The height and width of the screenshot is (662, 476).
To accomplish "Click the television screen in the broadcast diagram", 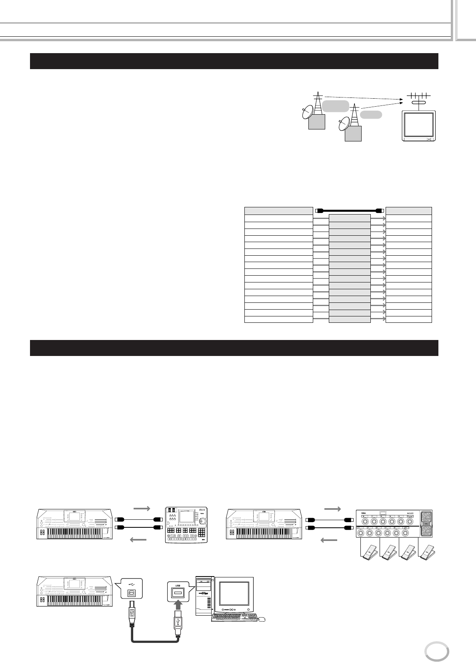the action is tap(418, 125).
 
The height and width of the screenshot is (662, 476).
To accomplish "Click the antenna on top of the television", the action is tap(418, 97).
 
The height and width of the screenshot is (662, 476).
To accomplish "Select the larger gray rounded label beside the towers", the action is tap(336, 106).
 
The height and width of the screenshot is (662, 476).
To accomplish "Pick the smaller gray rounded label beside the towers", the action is tap(371, 115).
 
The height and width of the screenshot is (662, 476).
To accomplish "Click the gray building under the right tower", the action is tap(353, 133).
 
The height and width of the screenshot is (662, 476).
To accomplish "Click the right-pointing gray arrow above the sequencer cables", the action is tap(142, 508).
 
